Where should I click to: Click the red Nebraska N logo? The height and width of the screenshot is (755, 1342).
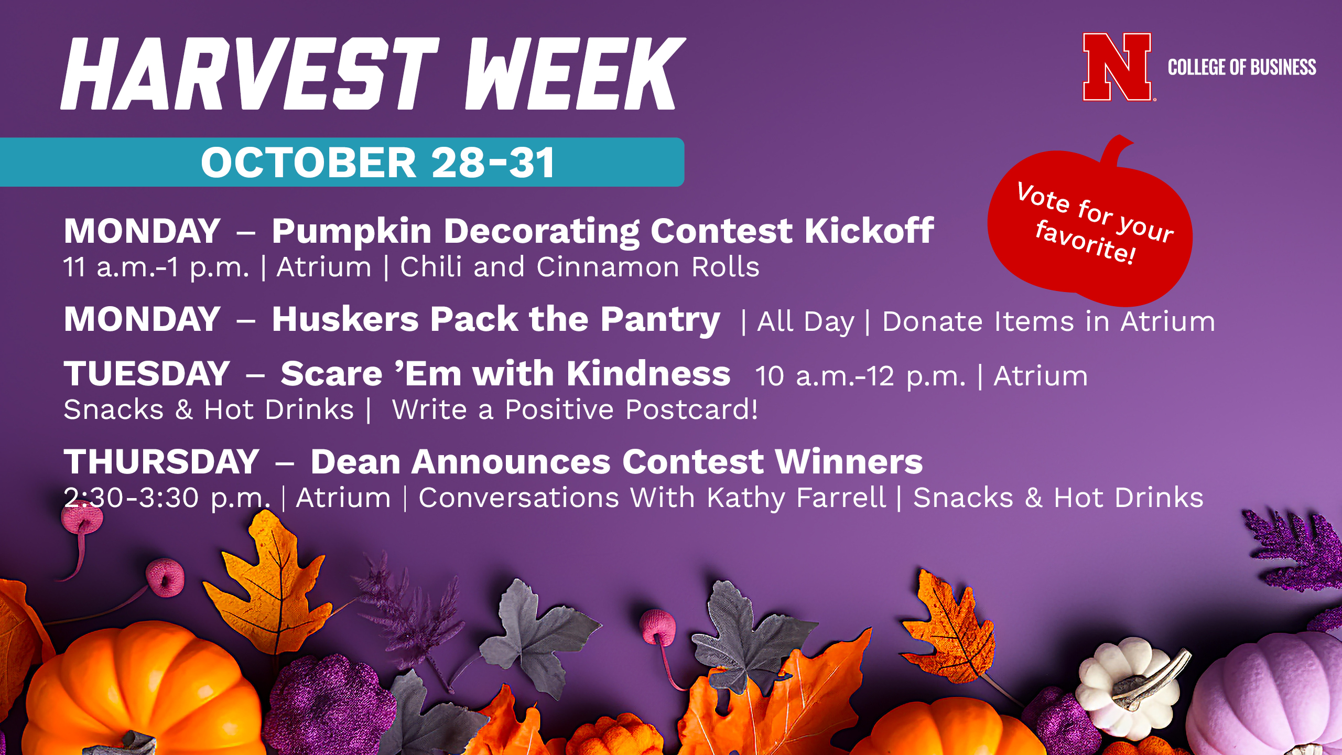(x=1117, y=67)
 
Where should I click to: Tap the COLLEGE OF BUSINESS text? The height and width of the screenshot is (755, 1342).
(x=1242, y=67)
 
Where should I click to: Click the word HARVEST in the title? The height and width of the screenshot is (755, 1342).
(x=250, y=73)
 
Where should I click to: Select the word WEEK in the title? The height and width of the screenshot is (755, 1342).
(x=575, y=73)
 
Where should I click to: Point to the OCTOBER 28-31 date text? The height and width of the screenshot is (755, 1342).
(x=377, y=162)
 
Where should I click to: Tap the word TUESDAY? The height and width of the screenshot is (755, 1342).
(x=147, y=373)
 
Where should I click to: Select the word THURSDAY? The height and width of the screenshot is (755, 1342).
(x=161, y=461)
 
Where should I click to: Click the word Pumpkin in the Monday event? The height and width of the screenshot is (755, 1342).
(x=352, y=232)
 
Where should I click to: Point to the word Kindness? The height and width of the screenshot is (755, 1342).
(x=648, y=373)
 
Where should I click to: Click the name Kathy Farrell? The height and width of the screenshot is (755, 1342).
(x=796, y=498)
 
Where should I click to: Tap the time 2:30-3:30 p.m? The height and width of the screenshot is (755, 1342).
(x=167, y=498)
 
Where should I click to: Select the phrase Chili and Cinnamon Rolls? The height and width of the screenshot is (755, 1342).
(x=580, y=267)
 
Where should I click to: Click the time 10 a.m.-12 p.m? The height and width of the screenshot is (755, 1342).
(x=860, y=376)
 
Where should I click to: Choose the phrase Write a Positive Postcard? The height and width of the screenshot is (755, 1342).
(x=575, y=409)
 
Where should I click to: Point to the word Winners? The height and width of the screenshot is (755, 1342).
(x=849, y=461)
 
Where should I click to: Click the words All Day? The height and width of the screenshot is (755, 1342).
(x=806, y=322)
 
